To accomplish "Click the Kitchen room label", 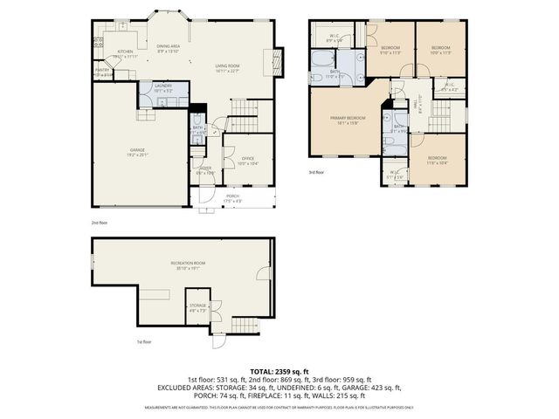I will click(x=125, y=52).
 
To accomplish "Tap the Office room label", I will click(x=247, y=158).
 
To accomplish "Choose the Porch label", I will click(x=233, y=196).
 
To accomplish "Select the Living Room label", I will click(x=228, y=65).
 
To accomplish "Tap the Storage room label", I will click(x=197, y=306).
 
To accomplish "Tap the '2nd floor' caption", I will click(x=100, y=223).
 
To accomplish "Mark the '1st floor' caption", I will click(x=145, y=342).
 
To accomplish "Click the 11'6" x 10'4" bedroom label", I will click(x=436, y=161).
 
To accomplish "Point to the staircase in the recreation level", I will click(x=219, y=327).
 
